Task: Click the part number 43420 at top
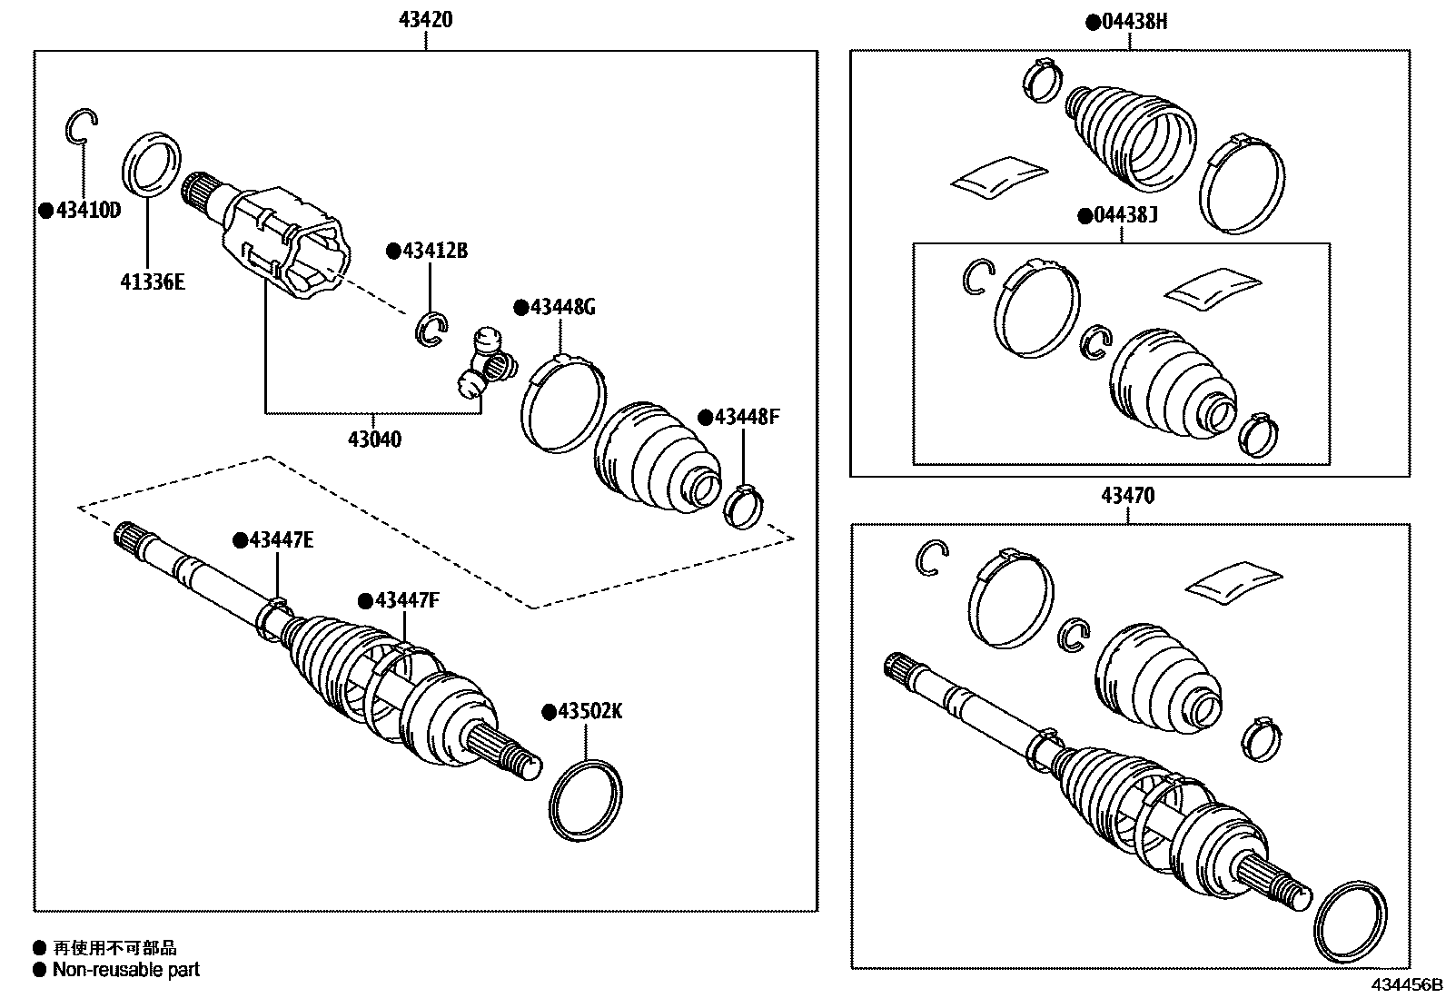pyautogui.click(x=425, y=20)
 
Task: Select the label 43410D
pyautogui.click(x=86, y=211)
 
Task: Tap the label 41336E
pyautogui.click(x=152, y=282)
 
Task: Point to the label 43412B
pyautogui.click(x=434, y=251)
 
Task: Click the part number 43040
pyautogui.click(x=374, y=440)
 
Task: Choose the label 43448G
pyautogui.click(x=562, y=307)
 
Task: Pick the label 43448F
pyautogui.click(x=747, y=417)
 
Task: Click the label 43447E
pyautogui.click(x=281, y=540)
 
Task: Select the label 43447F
pyautogui.click(x=406, y=600)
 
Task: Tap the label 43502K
pyautogui.click(x=589, y=711)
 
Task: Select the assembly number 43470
pyautogui.click(x=1127, y=496)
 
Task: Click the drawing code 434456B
pyautogui.click(x=1406, y=984)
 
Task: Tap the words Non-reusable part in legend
pyautogui.click(x=125, y=970)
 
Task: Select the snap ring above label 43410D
pyautogui.click(x=81, y=126)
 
